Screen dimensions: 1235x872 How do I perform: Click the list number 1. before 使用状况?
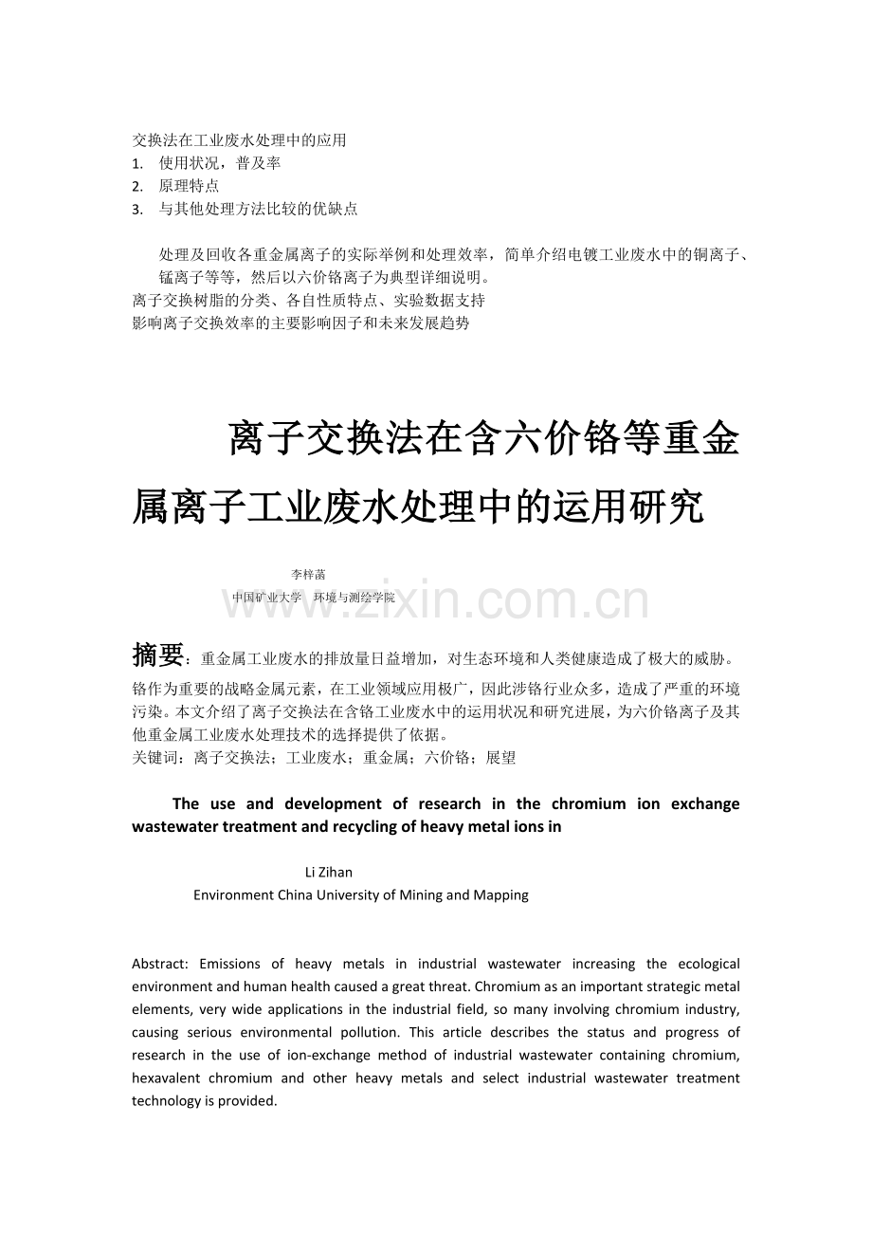[137, 163]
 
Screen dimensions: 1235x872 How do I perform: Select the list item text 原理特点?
[189, 186]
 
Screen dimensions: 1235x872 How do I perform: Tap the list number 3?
[137, 209]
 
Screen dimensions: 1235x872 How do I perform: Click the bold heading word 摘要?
[157, 654]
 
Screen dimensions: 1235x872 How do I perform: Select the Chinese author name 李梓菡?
[308, 574]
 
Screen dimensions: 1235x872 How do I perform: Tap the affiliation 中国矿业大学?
[266, 598]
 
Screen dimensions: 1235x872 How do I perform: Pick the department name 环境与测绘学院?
[354, 598]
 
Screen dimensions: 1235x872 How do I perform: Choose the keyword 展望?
[500, 758]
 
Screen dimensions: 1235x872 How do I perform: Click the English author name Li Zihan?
[329, 872]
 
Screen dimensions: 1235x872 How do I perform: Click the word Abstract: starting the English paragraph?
[160, 964]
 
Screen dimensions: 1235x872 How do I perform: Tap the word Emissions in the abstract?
[233, 964]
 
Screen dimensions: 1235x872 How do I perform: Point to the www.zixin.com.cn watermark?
[436, 602]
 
